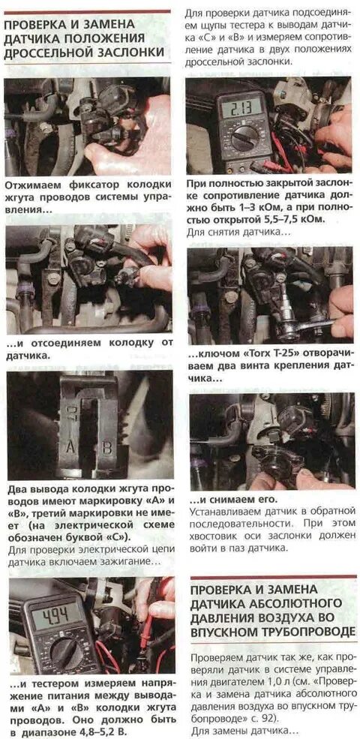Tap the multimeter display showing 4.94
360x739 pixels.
[56, 615]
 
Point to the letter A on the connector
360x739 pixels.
[70, 446]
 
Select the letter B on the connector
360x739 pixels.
[107, 446]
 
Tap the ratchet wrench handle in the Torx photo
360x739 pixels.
[311, 325]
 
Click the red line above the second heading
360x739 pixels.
[273, 577]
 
